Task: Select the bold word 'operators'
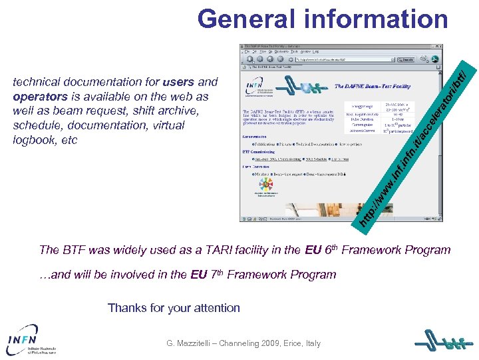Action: coord(41,97)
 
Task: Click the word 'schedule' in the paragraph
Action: coord(41,125)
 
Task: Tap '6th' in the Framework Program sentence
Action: coord(331,249)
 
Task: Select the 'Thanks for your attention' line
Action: coord(174,307)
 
